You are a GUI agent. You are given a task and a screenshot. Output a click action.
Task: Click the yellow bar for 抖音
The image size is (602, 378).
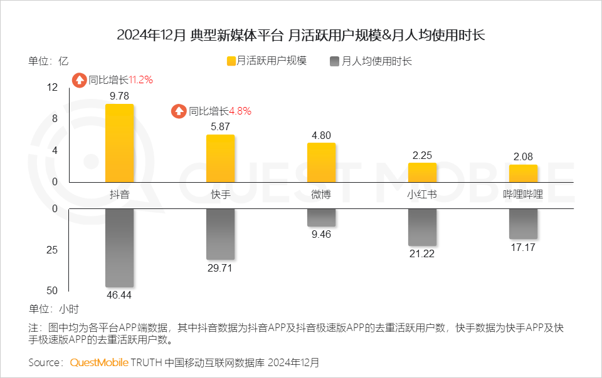(119, 143)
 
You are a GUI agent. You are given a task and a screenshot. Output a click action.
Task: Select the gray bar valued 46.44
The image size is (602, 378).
(119, 248)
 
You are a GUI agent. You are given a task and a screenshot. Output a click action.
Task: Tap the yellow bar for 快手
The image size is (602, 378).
(220, 158)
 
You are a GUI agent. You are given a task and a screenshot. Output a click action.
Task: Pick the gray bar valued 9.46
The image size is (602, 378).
(321, 217)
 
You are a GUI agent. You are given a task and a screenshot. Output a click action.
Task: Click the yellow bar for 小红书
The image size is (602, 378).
(422, 172)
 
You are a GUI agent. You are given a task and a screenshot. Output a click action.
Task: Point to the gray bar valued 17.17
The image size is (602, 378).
(523, 223)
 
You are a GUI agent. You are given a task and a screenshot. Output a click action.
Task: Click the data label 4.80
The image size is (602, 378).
(321, 135)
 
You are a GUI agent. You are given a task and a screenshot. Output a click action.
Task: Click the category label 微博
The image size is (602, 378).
(321, 195)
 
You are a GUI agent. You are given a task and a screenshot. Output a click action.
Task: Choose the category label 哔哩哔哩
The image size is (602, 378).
(523, 195)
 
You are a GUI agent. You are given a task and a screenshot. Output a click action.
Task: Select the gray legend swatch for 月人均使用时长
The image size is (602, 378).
(334, 61)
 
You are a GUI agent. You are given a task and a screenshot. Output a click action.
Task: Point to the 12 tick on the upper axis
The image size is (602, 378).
(52, 88)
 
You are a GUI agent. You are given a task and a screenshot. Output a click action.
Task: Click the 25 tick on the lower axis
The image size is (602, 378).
(52, 250)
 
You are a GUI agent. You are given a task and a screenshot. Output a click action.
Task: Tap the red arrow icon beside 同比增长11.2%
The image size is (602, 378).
(79, 80)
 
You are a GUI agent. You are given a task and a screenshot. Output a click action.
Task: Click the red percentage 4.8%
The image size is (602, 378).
(240, 111)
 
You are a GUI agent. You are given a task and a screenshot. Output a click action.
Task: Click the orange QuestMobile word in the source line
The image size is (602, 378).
(99, 362)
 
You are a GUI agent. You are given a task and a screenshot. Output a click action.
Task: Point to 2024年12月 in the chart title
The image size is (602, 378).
(150, 35)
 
